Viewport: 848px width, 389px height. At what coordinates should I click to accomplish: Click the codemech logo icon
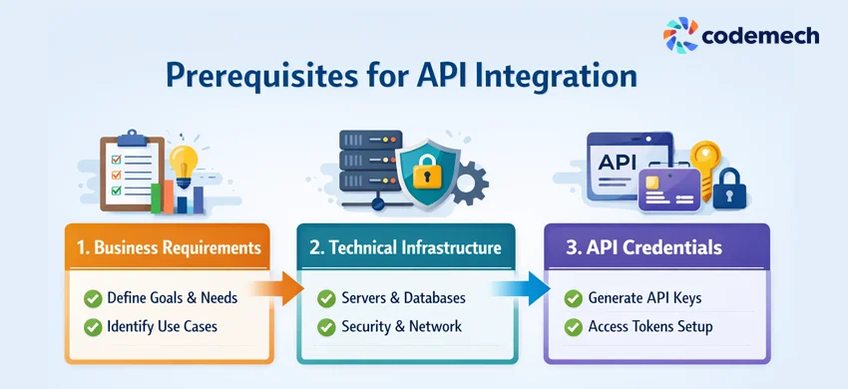click(x=681, y=35)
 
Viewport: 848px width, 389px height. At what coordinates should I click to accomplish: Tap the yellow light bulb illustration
click(x=184, y=163)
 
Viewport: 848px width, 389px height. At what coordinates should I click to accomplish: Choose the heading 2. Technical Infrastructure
click(x=406, y=247)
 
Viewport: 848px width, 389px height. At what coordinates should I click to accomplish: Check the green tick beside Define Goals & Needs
click(x=93, y=297)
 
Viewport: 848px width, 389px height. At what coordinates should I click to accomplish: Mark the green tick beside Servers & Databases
click(x=326, y=298)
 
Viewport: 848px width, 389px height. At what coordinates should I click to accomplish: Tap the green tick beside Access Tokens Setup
click(x=573, y=326)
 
